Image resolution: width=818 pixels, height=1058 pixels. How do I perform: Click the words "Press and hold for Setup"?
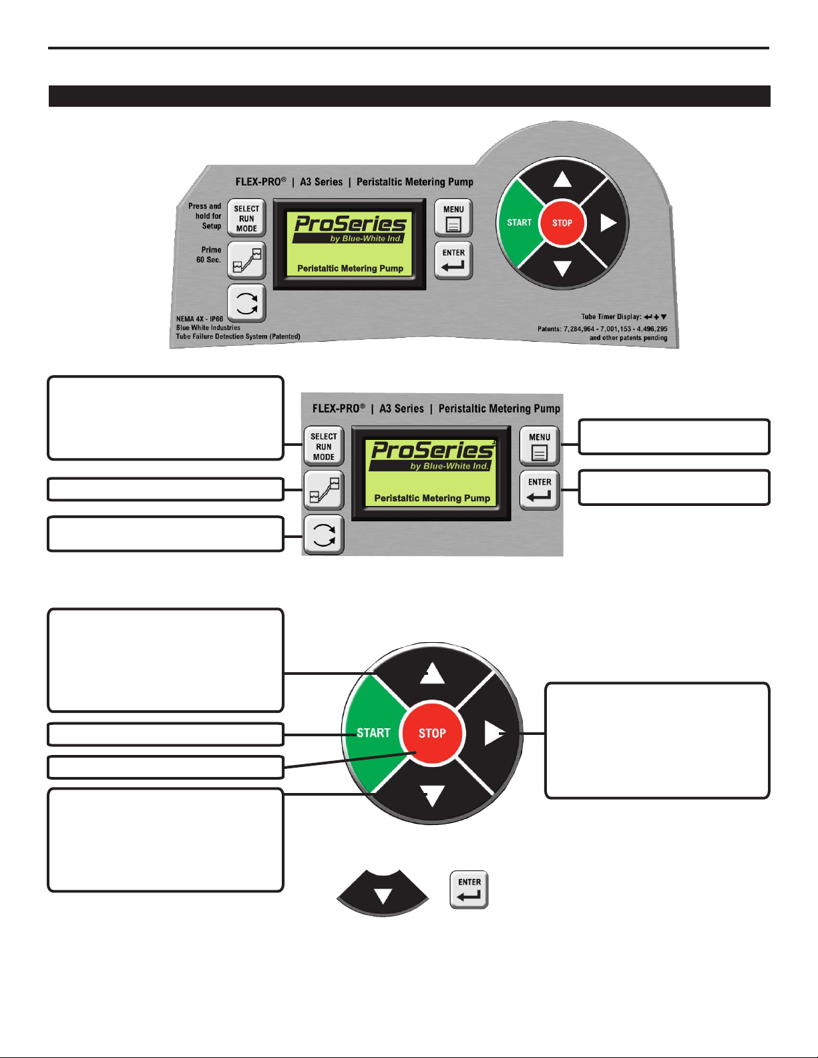coord(205,216)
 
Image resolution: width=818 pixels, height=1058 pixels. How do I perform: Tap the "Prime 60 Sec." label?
coord(209,254)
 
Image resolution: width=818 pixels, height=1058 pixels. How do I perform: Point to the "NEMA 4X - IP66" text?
coord(200,319)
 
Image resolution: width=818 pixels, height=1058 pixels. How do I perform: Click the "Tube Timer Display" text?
coord(611,316)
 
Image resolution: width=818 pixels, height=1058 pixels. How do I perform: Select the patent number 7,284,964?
coord(579,329)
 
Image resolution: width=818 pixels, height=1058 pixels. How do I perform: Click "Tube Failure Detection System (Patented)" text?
coord(238,336)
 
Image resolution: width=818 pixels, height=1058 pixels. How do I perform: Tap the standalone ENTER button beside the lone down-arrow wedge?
coord(469,890)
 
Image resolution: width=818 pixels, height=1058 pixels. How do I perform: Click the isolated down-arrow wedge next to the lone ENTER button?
coord(383,893)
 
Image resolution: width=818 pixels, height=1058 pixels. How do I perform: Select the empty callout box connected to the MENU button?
coord(674,437)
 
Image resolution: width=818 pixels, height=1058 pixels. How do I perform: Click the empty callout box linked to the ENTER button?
coord(674,487)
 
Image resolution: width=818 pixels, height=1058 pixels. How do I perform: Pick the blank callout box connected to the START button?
coord(166,734)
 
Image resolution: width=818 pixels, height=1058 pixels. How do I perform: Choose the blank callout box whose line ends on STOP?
coord(166,768)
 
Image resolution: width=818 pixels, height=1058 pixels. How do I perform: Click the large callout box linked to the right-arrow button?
coord(657,740)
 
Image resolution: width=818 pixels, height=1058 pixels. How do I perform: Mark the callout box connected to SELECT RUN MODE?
coord(166,418)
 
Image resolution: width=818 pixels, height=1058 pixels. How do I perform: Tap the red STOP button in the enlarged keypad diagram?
coord(433,733)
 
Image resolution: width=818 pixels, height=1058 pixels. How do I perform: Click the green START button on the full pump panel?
coord(519,223)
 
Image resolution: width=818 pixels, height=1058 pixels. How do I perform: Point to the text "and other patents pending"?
coord(628,338)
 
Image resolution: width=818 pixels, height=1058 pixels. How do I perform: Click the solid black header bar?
coord(409,96)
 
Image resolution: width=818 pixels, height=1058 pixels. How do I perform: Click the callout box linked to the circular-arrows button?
coord(166,533)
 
